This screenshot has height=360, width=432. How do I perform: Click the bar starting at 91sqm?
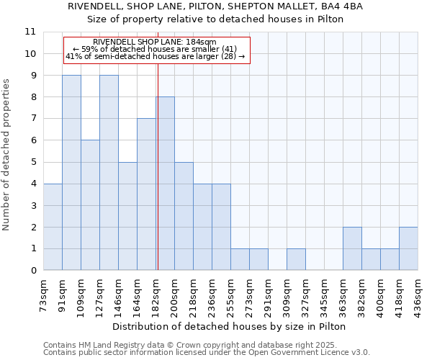click(x=71, y=173)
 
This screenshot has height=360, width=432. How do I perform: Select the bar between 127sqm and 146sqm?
click(x=109, y=173)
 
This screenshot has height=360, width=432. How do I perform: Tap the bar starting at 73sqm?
click(x=53, y=227)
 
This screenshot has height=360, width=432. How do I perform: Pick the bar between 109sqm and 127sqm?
click(x=90, y=205)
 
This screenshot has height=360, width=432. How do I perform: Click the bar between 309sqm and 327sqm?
click(x=296, y=260)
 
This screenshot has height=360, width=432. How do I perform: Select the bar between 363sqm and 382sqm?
click(x=352, y=249)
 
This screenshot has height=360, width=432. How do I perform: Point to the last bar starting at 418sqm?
click(x=408, y=249)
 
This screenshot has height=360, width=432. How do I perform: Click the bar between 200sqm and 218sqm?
click(x=184, y=216)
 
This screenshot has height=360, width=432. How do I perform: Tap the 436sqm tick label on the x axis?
click(x=418, y=295)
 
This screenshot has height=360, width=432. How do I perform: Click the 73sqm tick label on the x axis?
click(x=44, y=295)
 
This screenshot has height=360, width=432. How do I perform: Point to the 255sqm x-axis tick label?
click(x=231, y=295)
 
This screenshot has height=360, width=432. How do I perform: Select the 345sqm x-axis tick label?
click(x=325, y=295)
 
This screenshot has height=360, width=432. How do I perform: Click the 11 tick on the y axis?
click(x=30, y=32)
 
